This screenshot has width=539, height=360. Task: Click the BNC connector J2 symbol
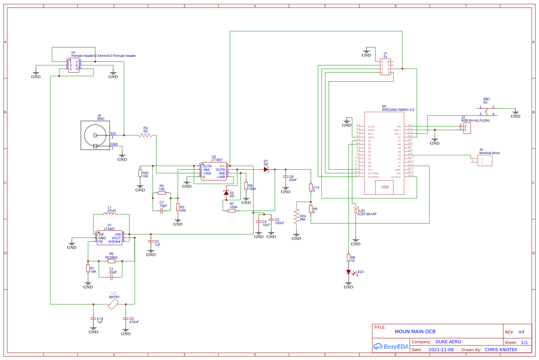pos(95,135)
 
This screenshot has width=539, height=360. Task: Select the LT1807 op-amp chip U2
pos(214,171)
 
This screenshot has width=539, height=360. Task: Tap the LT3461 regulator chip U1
pos(109,238)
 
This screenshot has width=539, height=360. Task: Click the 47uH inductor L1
pos(110,214)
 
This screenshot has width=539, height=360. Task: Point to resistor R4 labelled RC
pos(146,135)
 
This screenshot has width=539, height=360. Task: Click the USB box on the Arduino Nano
pos(384,187)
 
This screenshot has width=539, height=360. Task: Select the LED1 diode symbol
pos(349,272)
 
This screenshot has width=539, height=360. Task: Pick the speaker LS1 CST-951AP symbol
pos(356,211)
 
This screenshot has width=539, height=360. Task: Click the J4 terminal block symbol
pos(485,160)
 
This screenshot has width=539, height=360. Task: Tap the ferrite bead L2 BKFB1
pos(113,304)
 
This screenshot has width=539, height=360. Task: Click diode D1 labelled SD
pos(266,169)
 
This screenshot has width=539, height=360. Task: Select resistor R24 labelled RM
pos(296,216)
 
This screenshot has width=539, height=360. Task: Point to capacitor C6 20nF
pos(286,177)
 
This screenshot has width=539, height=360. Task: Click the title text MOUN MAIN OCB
pos(415,332)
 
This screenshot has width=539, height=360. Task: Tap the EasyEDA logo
pos(391,347)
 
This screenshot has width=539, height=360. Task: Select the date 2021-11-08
pos(441,350)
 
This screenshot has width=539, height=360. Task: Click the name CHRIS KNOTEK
pos(501,350)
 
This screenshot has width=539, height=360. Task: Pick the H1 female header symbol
pos(74,65)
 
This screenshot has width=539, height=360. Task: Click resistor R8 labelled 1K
pos(349,257)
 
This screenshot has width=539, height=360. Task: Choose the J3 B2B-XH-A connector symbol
pos(467,128)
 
